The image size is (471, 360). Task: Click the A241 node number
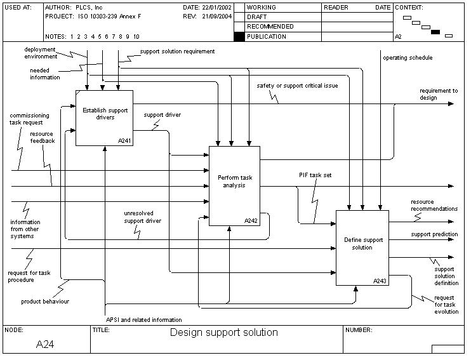point(125,140)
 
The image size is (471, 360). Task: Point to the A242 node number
point(251,221)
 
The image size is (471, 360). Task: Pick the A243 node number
point(380,281)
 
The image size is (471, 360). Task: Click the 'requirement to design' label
point(438,94)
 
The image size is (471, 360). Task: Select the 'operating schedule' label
point(408,58)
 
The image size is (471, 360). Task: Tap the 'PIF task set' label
point(315,175)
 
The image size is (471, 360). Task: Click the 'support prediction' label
point(434,234)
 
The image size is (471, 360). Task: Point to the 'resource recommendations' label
point(434,205)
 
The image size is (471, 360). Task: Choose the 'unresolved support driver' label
point(142,217)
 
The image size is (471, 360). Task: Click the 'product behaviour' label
point(45,302)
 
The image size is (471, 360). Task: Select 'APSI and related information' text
point(144,319)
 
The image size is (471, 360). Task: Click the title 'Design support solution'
point(223,332)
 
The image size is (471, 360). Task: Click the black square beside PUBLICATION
point(239,37)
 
